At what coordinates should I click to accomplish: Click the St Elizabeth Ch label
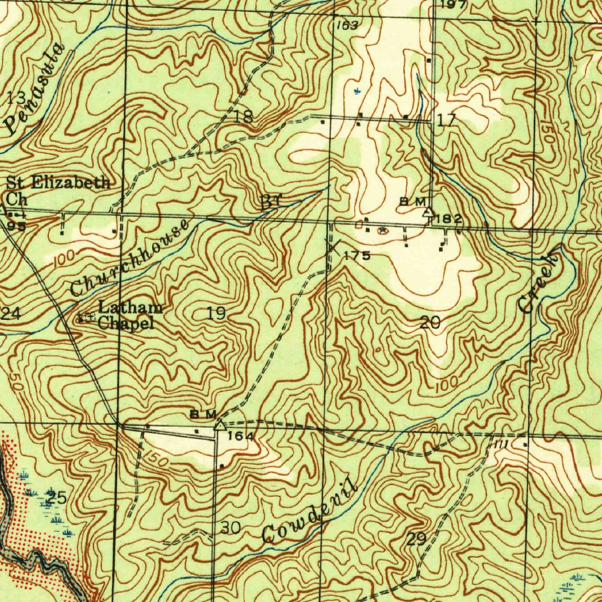57,189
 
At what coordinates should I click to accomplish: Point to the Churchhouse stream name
130,258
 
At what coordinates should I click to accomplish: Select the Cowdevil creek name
309,511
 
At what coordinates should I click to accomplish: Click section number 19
216,313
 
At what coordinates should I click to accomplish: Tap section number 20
430,322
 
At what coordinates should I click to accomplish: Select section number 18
243,116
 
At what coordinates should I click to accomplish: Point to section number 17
446,121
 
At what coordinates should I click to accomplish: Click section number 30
231,528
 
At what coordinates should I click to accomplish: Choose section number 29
416,539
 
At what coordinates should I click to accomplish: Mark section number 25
56,497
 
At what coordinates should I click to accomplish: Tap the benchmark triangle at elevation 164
219,424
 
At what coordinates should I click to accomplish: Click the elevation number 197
453,5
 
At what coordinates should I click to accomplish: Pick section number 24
11,313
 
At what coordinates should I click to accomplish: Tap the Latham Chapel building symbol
86,318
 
